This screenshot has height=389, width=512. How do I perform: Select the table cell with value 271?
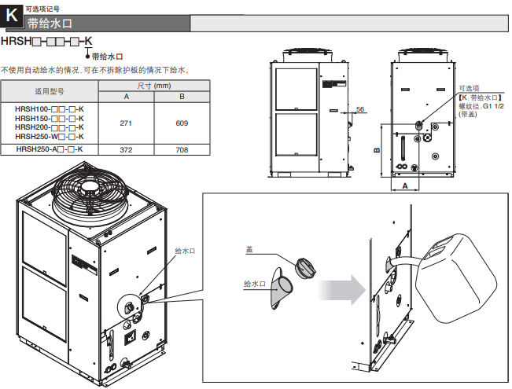tap(126, 123)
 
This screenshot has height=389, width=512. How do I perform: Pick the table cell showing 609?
tap(182, 123)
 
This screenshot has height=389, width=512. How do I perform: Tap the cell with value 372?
tap(126, 149)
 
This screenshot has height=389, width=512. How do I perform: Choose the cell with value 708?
tap(182, 149)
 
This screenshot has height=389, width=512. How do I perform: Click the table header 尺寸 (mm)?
tap(154, 85)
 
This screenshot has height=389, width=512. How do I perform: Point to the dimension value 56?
tap(359, 108)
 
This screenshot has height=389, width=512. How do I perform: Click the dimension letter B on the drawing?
tap(377, 149)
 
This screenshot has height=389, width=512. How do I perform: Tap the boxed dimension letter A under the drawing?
tap(405, 185)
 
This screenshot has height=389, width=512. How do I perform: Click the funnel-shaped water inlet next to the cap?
tap(279, 295)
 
